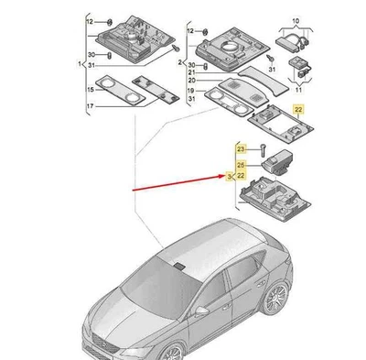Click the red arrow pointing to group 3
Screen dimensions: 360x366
pos(174,183)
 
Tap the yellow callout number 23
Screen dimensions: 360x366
pos(240,147)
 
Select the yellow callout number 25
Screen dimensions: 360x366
pos(240,163)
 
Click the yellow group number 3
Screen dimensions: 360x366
pos(230,174)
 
